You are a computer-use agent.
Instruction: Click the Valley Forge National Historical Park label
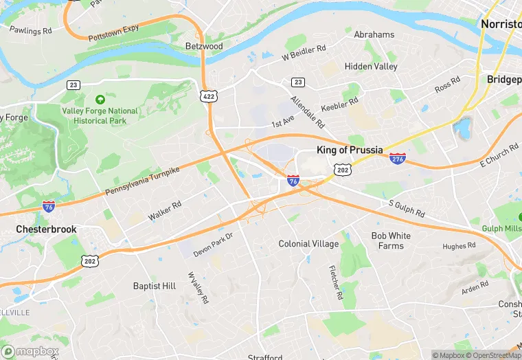coord(100,115)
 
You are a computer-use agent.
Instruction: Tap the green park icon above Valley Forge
coord(100,100)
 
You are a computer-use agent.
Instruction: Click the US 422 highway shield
coord(208,95)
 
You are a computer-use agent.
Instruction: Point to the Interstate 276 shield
coord(397,159)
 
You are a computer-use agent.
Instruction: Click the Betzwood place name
coord(204,46)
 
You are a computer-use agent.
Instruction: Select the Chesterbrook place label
coord(47,229)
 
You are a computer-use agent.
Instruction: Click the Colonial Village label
coord(308,244)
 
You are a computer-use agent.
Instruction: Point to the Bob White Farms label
coord(391,240)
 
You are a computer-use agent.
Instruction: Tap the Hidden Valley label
coord(371,67)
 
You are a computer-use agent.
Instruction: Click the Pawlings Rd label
coord(30,31)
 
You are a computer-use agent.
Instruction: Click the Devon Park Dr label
coord(214,245)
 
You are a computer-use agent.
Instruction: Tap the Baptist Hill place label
coord(155,286)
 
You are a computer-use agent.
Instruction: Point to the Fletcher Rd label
coord(334,283)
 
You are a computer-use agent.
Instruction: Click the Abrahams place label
coord(374,34)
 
